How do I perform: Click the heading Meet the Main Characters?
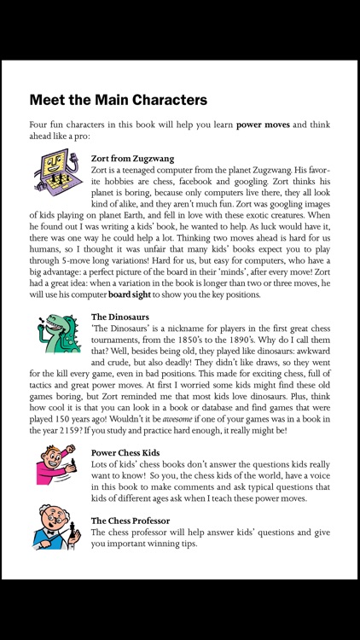point(118,99)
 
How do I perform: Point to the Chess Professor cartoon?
point(57,528)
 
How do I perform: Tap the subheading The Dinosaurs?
point(121,317)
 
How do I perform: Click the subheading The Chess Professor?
point(131,520)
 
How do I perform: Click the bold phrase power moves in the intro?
point(263,125)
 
